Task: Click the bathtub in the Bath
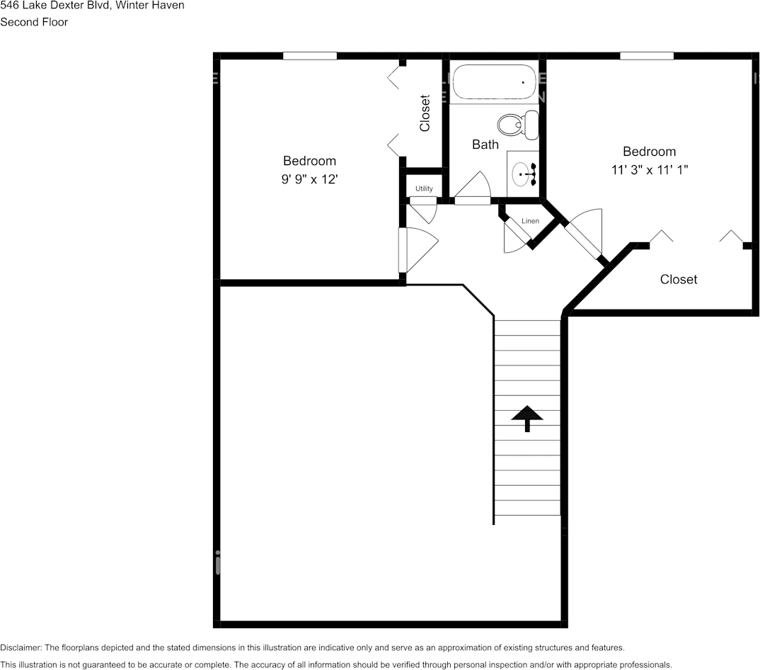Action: click(x=494, y=83)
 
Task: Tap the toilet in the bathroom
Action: click(x=517, y=125)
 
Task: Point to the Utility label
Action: click(x=424, y=188)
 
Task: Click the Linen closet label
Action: click(x=530, y=221)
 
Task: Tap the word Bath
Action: click(x=485, y=144)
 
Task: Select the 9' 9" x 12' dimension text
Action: click(x=309, y=180)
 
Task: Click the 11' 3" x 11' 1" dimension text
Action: click(x=649, y=170)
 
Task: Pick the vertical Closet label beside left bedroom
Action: click(x=425, y=113)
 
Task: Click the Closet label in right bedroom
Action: click(x=678, y=280)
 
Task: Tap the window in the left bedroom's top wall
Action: click(x=309, y=56)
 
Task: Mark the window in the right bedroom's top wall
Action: click(x=646, y=56)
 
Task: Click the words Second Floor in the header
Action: click(x=34, y=22)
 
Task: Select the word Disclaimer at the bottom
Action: click(x=21, y=647)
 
